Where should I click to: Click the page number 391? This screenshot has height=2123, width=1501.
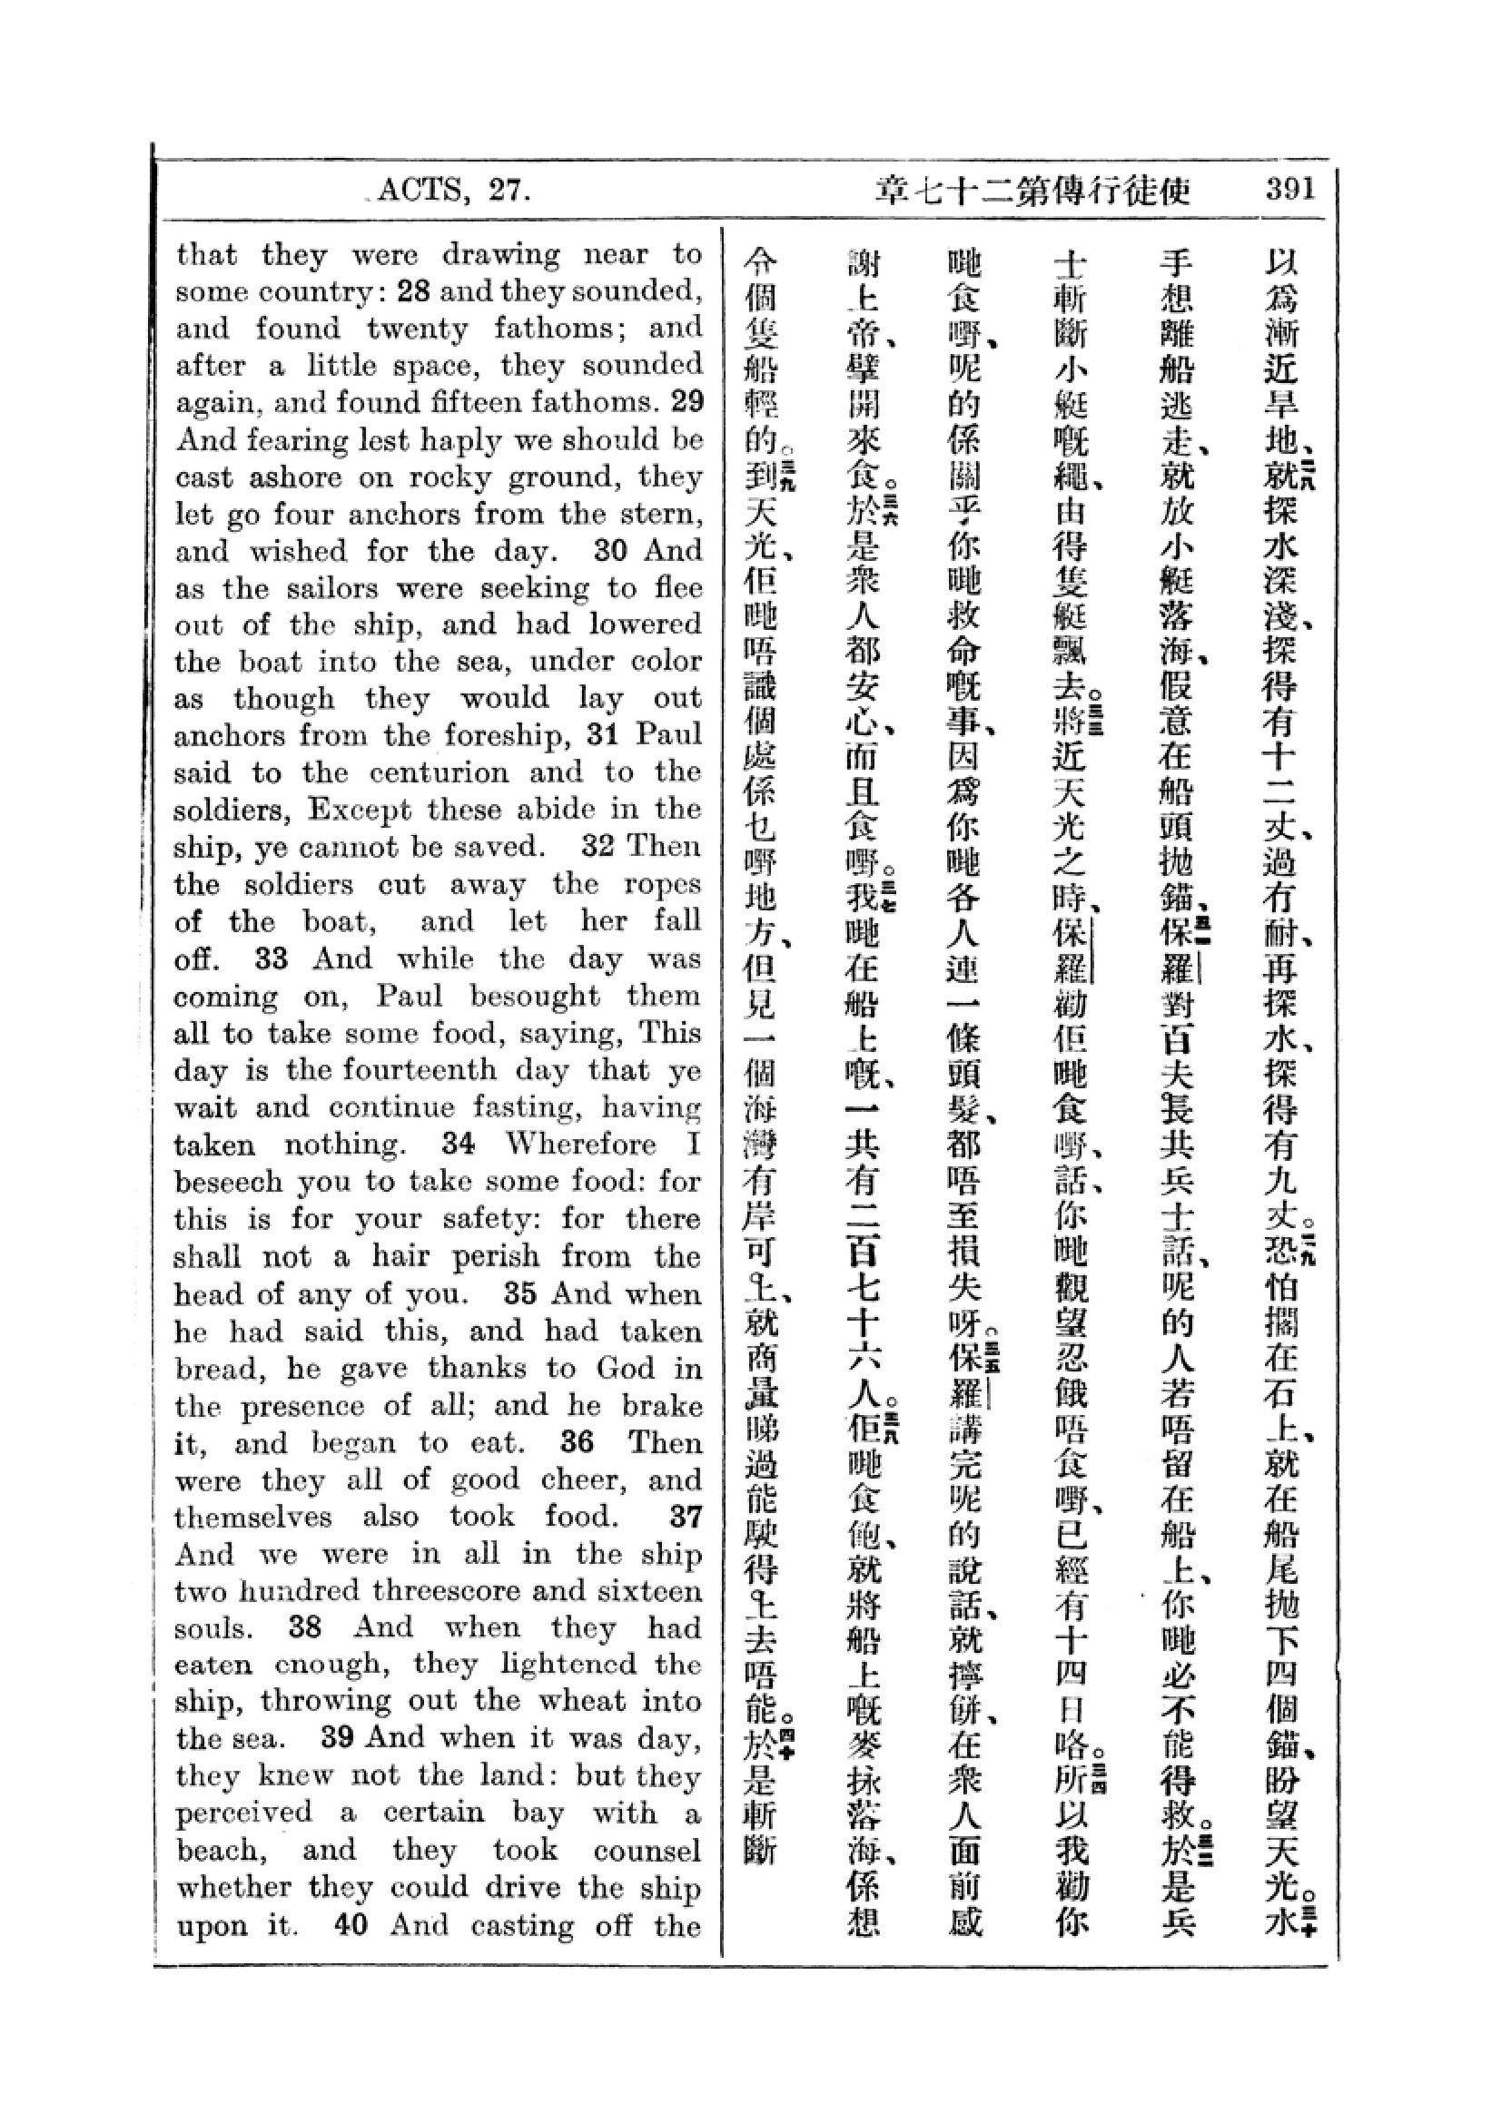(x=1289, y=190)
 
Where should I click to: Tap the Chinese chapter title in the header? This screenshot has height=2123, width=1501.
(x=1032, y=192)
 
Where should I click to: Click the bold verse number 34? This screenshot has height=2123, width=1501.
(x=458, y=1144)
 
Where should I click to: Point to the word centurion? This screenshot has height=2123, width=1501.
(x=433, y=772)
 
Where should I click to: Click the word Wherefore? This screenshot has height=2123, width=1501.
(x=581, y=1144)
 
